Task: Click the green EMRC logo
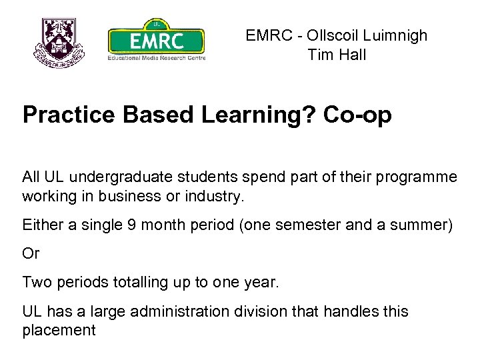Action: click(x=156, y=39)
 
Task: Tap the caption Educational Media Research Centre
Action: click(x=156, y=58)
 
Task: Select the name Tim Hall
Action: click(x=337, y=55)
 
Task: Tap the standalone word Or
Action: click(x=31, y=254)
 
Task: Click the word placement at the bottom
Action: click(x=59, y=329)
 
